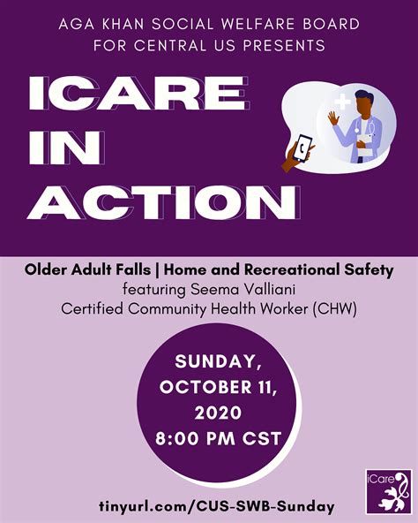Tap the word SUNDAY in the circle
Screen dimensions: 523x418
(x=208, y=362)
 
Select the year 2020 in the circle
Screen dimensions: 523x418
(x=209, y=412)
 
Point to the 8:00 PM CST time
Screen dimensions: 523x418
(x=209, y=436)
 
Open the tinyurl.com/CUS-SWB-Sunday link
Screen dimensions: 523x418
(x=209, y=506)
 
